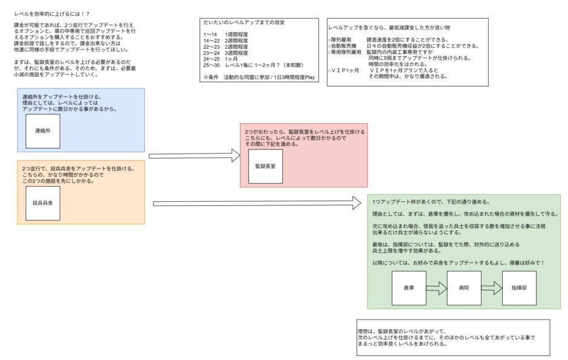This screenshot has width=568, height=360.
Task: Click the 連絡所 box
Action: pos(43,131)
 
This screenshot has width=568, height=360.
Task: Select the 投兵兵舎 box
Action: pos(43,203)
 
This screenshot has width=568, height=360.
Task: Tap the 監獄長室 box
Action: pos(265,166)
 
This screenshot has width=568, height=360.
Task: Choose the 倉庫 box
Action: pos(409,288)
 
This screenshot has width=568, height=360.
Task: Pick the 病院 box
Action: pos(464,288)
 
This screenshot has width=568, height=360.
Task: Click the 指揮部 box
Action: pos(519,288)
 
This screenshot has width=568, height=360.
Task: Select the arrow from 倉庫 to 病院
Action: pos(436,288)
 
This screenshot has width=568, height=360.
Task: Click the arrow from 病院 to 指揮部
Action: pos(492,288)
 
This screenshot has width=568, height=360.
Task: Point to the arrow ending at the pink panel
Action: pos(195,156)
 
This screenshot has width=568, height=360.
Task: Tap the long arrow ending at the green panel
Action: pos(257,204)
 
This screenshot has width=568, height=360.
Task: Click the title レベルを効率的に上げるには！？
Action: pos(52,14)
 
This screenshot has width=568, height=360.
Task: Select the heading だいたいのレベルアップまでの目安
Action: pos(244,22)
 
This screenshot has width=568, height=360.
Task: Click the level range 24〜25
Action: pos(211,59)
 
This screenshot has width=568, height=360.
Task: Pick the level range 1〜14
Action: pos(210,35)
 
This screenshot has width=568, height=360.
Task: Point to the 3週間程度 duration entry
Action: pos(236,53)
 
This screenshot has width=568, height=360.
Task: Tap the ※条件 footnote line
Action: pos(259,77)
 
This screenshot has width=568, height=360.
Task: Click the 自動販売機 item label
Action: pos(343,46)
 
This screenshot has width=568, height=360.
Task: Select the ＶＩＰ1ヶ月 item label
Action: pos(344,70)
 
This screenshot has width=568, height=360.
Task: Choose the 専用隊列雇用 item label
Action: pos(345,52)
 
